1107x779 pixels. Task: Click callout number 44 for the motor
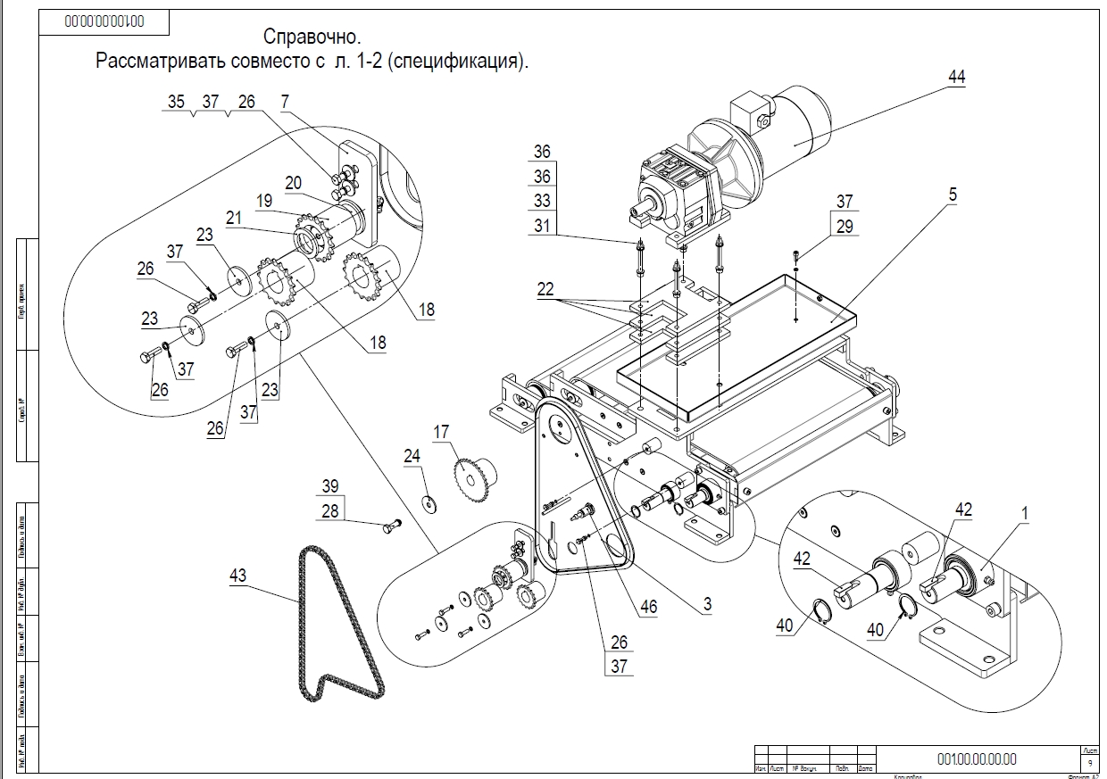956,78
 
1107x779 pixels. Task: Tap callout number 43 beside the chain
237,576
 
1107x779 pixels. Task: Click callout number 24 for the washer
412,456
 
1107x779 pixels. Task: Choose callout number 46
648,608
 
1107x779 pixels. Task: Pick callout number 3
707,604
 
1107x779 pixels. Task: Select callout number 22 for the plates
545,288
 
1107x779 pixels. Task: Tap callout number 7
285,102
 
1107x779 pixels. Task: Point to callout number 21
234,217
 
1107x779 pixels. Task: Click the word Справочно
312,37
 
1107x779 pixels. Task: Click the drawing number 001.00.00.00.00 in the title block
977,758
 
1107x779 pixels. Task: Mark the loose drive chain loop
340,625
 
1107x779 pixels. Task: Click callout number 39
331,485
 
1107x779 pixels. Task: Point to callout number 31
543,227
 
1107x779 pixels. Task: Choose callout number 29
845,227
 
